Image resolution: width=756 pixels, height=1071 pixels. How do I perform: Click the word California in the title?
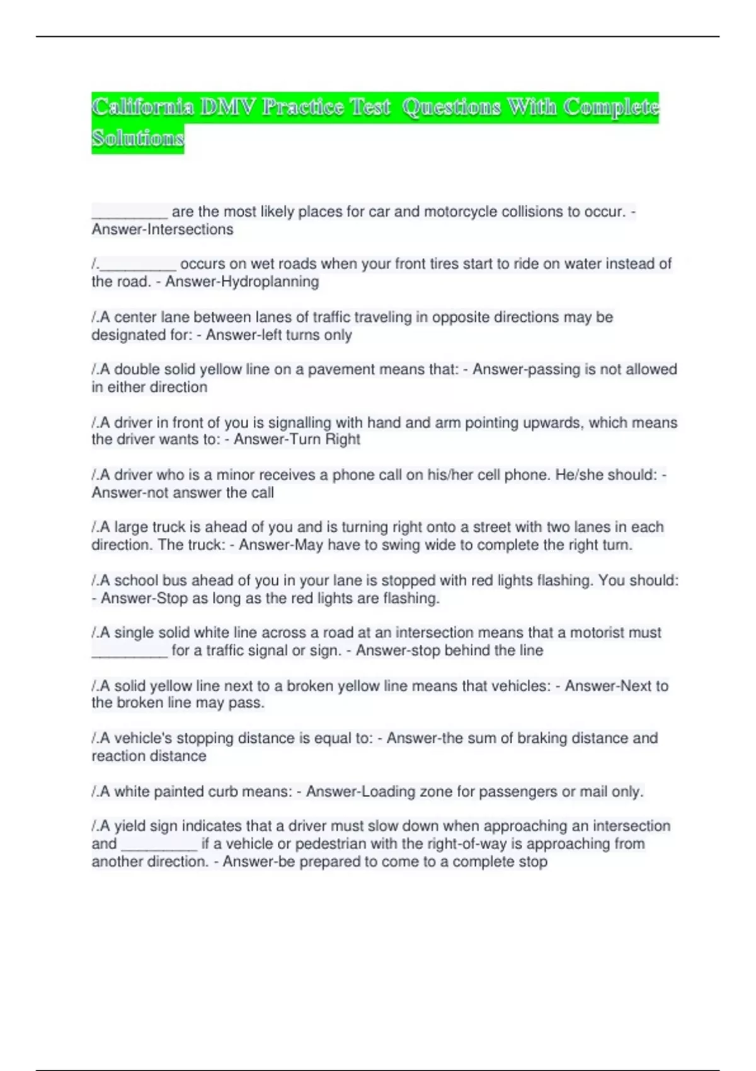point(142,107)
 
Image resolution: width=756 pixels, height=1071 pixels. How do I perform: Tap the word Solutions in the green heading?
point(137,138)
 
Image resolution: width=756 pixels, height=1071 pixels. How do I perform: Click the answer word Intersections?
point(189,229)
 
